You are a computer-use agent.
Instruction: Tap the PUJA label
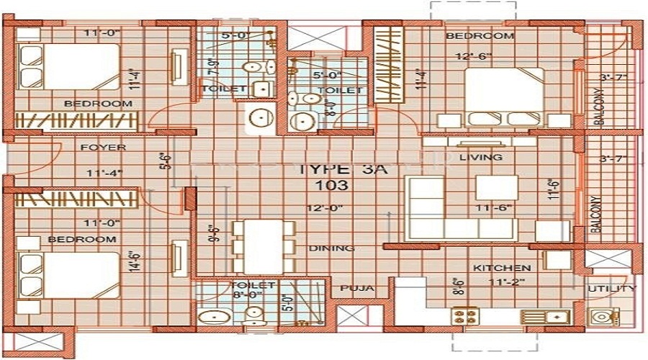(357, 288)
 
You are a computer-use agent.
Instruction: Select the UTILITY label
(611, 289)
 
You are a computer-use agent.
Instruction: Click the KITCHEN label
(502, 268)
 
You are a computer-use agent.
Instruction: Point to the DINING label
(331, 248)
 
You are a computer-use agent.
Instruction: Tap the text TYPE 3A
(332, 170)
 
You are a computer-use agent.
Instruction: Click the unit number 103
(332, 185)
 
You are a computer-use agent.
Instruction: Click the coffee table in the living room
(496, 188)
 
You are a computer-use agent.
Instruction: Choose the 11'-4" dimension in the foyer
(103, 173)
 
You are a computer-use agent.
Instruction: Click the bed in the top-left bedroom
(68, 66)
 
